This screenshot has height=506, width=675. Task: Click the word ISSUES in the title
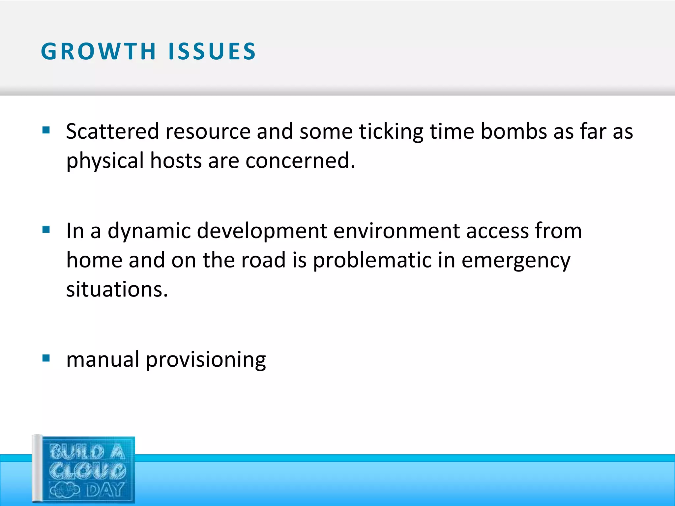(x=212, y=52)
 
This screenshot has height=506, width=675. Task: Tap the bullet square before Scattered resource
(x=46, y=130)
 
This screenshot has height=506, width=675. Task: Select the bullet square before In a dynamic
(x=46, y=229)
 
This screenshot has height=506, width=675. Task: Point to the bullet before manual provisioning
(x=46, y=358)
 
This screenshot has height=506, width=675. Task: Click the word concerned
(x=300, y=161)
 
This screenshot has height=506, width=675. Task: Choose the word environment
(x=396, y=231)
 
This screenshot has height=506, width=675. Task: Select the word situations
(x=117, y=289)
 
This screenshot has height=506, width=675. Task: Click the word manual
(x=103, y=359)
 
